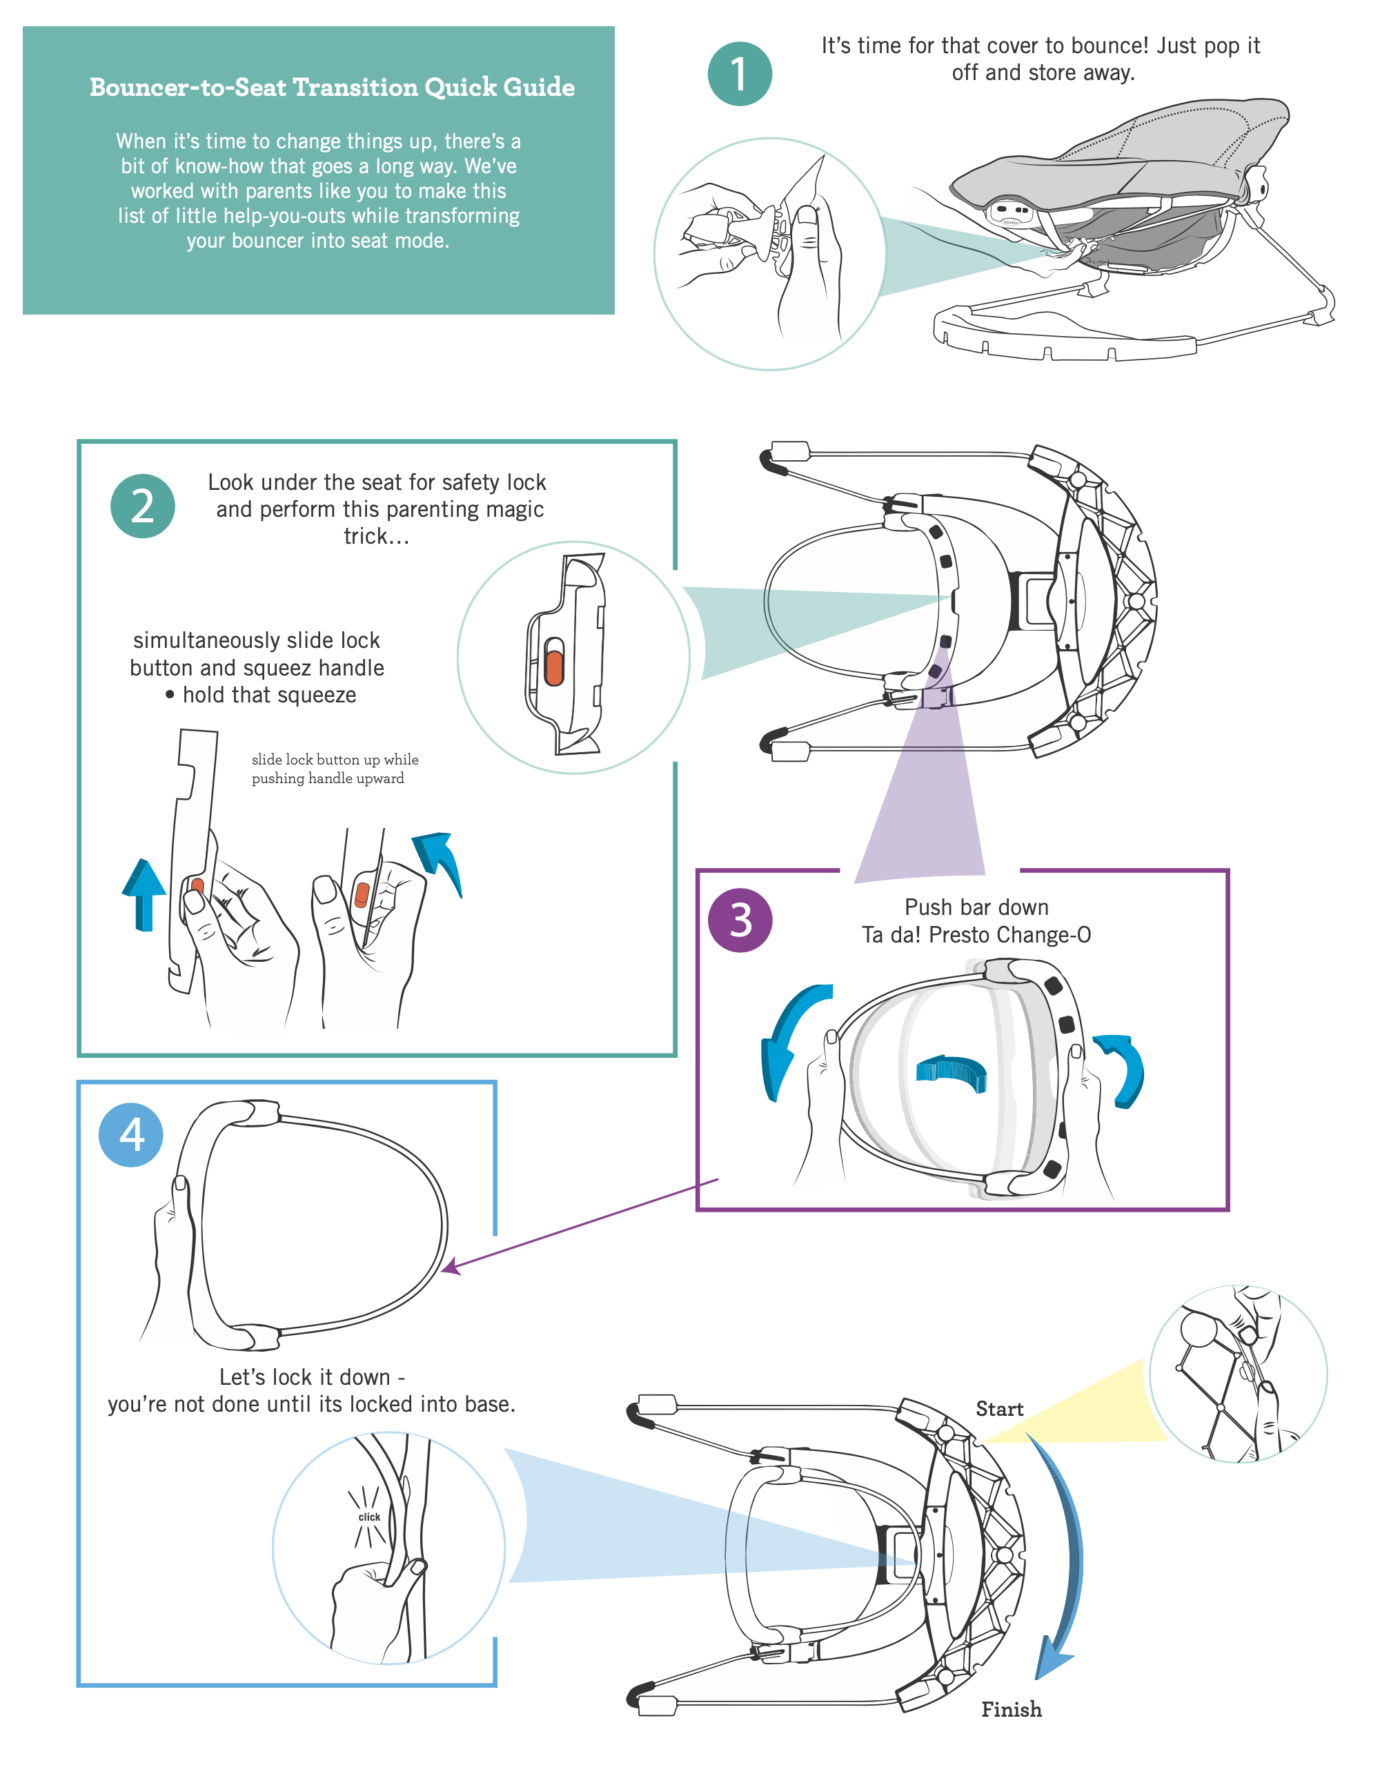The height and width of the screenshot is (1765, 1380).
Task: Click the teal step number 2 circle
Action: (x=142, y=506)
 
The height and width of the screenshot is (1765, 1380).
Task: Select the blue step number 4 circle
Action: (x=131, y=1134)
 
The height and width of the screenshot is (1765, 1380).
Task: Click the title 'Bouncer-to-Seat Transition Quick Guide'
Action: (x=332, y=87)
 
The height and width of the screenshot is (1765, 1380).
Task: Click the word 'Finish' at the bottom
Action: (x=1011, y=1709)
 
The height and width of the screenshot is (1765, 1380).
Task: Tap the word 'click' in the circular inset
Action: (x=369, y=1517)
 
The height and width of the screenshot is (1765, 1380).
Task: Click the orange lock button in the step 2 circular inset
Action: (x=554, y=662)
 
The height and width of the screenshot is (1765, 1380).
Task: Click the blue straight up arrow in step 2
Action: (x=144, y=893)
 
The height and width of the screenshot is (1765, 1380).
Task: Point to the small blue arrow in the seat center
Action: (x=952, y=1072)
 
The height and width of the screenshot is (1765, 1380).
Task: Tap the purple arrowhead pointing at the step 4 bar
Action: (x=451, y=1265)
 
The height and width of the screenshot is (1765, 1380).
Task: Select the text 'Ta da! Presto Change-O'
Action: (x=976, y=934)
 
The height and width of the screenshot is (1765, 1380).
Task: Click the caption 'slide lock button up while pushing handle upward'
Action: (x=335, y=769)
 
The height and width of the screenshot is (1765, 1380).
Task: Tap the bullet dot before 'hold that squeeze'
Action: (x=170, y=694)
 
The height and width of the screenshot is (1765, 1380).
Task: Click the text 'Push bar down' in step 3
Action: (x=976, y=907)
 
